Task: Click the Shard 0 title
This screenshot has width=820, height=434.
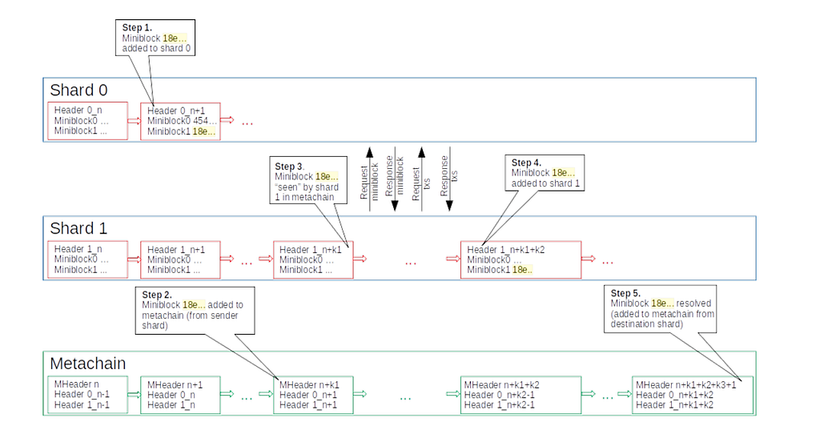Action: point(78,90)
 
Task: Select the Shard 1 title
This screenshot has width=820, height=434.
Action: point(78,228)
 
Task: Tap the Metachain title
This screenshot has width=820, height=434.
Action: point(88,364)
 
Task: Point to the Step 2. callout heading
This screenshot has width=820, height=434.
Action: point(157,294)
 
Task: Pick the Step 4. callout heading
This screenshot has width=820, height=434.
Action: point(525,162)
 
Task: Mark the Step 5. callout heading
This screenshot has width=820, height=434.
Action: point(625,293)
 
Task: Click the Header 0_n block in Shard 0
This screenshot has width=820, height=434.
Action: point(88,121)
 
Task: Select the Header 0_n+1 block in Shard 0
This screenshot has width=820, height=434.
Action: point(182,121)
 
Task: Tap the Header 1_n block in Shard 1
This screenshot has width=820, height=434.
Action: point(88,259)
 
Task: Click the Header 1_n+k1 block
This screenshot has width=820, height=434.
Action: point(313,259)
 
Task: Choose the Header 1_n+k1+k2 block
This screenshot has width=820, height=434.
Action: point(520,259)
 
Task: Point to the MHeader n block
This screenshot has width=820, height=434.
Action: point(87,394)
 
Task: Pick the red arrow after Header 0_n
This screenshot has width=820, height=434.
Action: point(133,121)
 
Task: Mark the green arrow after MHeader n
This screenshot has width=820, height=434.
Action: point(133,394)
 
